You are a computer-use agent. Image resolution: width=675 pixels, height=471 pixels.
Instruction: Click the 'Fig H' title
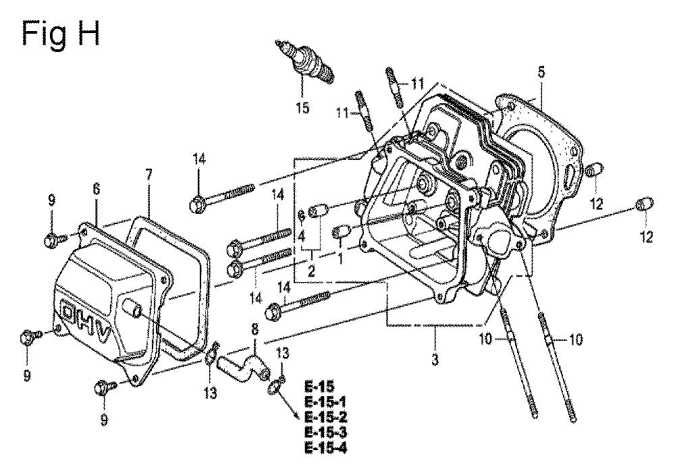61,32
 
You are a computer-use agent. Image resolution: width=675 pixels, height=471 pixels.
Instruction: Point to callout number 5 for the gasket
541,71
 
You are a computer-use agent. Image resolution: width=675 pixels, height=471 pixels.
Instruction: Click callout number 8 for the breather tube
254,330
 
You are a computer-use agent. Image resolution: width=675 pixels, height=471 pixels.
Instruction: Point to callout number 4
302,237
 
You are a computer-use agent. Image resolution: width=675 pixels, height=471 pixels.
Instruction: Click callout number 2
310,271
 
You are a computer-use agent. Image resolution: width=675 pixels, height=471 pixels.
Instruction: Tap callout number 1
341,258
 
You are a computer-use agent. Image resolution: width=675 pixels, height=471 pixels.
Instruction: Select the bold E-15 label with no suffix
319,387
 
